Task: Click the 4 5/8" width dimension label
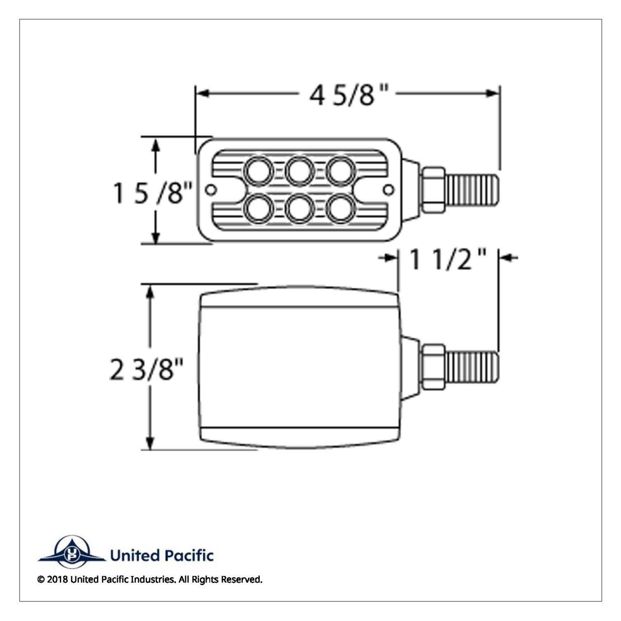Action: pyautogui.click(x=349, y=95)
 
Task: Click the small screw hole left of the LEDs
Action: pyautogui.click(x=210, y=190)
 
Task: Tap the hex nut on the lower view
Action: pyautogui.click(x=434, y=367)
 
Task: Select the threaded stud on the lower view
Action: pyautogui.click(x=472, y=367)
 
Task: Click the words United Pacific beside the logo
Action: pyautogui.click(x=161, y=556)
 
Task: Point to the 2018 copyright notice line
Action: pyautogui.click(x=150, y=580)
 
